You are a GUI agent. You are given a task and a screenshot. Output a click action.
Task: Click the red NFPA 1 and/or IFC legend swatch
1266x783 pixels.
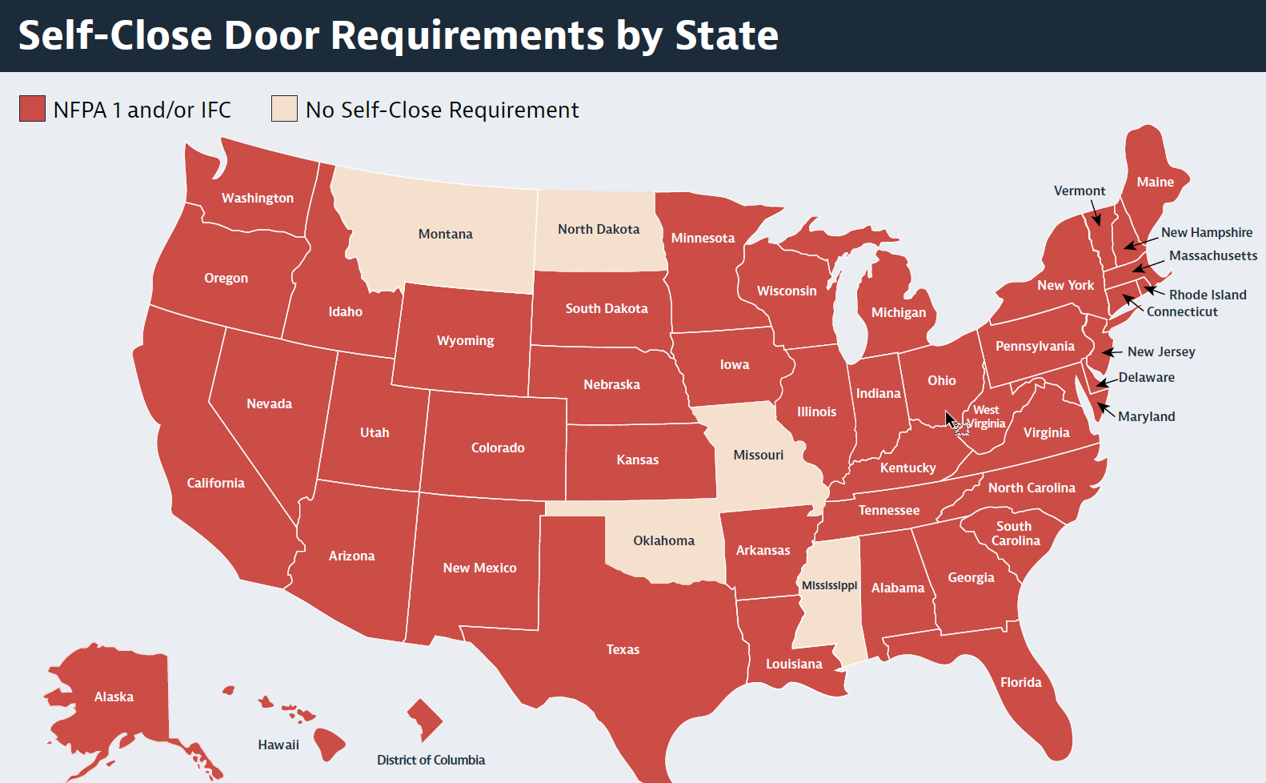pos(32,109)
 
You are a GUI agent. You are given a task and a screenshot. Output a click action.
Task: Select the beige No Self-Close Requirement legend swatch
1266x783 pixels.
pos(284,109)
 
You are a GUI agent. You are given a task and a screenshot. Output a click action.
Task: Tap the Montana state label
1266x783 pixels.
pos(445,234)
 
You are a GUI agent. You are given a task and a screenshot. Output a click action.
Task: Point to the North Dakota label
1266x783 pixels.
pos(599,229)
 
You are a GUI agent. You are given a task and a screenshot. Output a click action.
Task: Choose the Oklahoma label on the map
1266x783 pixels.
pos(663,540)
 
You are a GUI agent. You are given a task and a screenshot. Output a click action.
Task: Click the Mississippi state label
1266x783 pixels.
pos(829,585)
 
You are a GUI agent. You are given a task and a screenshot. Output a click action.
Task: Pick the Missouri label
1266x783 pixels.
pos(758,455)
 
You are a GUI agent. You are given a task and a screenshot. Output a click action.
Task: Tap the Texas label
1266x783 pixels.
pos(623,649)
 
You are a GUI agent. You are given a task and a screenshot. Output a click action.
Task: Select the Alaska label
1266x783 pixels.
pos(114,697)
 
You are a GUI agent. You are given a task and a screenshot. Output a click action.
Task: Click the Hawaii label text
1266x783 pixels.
pos(278,745)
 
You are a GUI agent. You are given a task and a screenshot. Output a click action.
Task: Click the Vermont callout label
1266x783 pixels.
pos(1079,191)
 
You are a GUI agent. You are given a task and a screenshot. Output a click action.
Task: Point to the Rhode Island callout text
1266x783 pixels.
pos(1208,295)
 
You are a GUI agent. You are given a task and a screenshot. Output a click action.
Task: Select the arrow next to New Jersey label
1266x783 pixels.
pos(1112,352)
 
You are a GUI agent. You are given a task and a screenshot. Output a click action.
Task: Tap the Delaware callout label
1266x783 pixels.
pos(1146,377)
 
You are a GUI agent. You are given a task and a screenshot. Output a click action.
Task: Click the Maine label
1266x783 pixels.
pos(1155,182)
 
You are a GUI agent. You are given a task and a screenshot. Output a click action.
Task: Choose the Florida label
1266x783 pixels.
pos(1020,682)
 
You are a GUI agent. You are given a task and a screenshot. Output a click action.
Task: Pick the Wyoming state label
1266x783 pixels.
pos(465,340)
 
